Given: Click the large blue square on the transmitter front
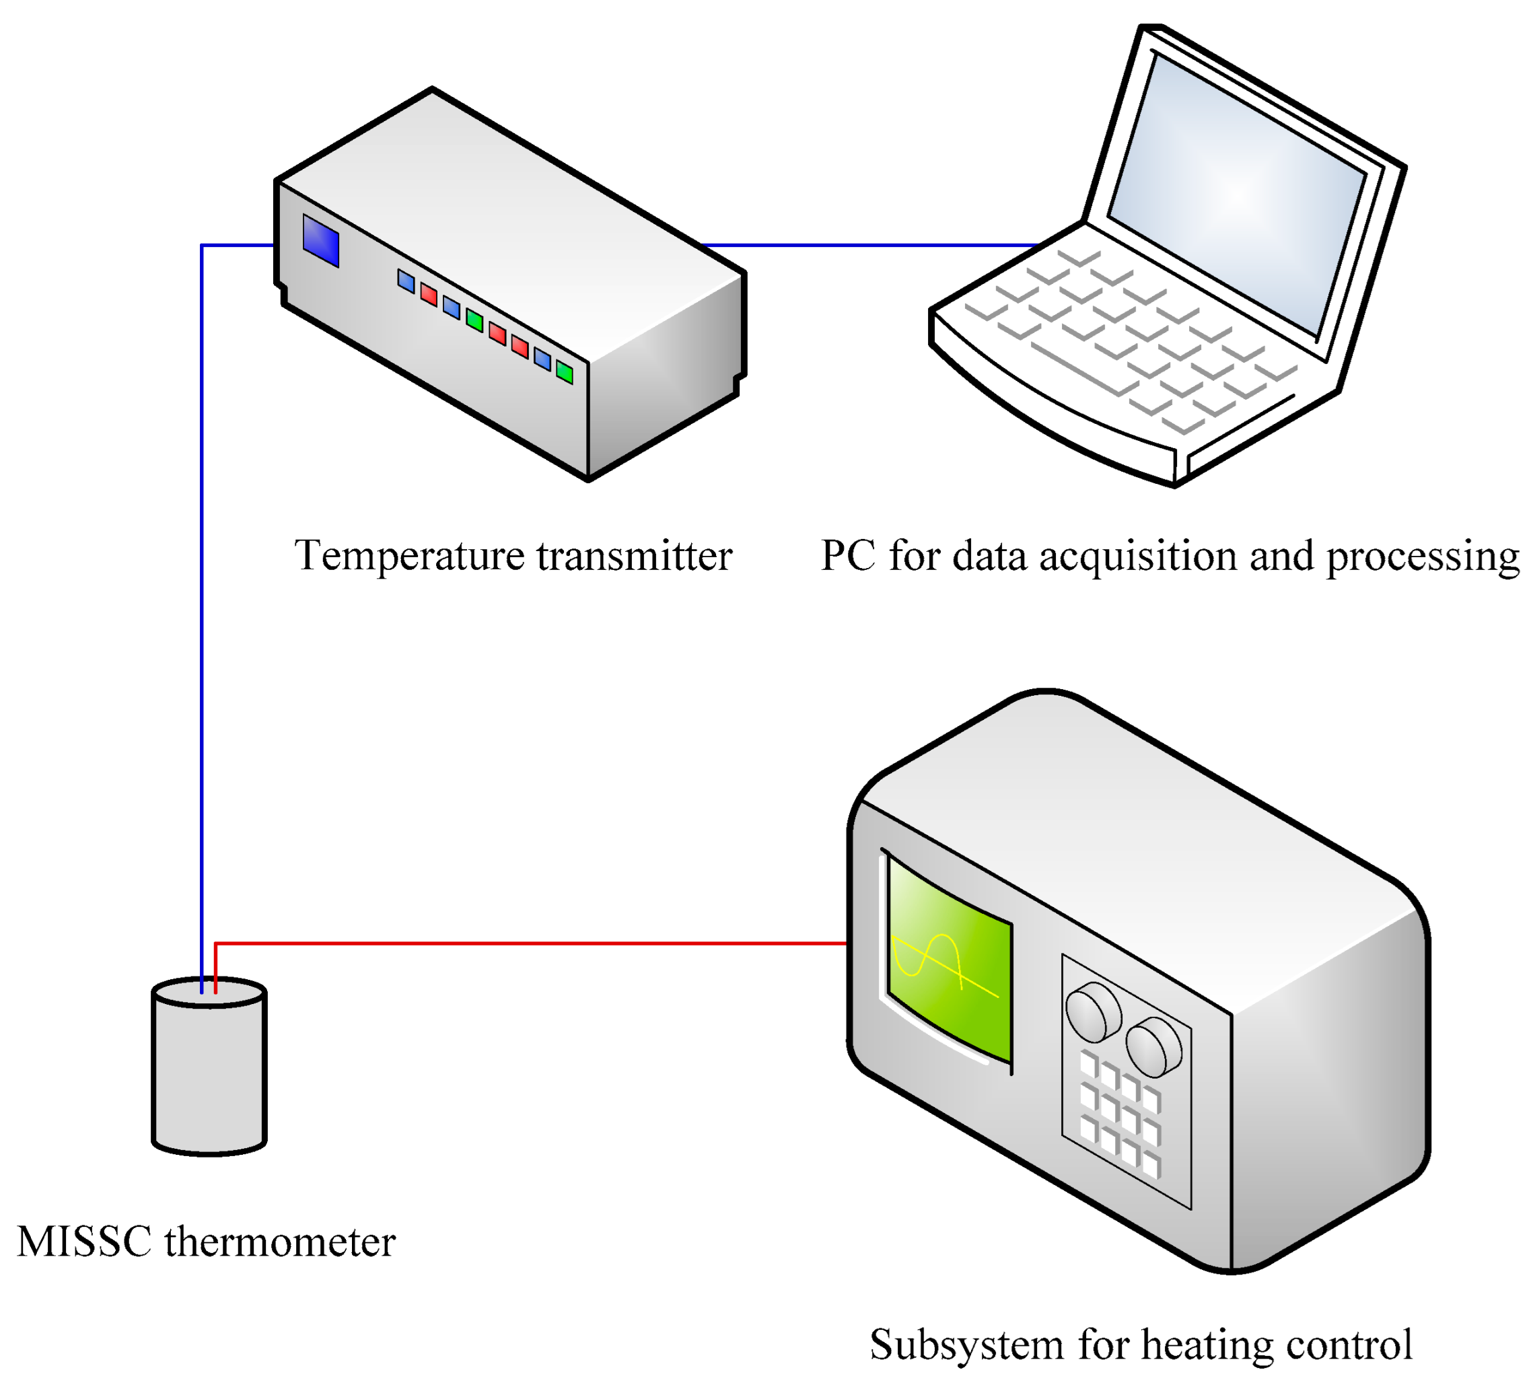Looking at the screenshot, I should click(320, 241).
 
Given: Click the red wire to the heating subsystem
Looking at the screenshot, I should click(533, 944).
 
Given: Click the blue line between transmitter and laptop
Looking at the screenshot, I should click(868, 245).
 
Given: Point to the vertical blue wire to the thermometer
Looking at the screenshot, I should click(202, 609).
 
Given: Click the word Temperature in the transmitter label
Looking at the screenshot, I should click(409, 557).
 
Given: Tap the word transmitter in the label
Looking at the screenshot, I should click(634, 557).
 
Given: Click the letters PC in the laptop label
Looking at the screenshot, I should click(847, 556).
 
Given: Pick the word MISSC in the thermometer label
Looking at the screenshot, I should click(83, 1242).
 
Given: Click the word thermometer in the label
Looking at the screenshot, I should click(279, 1242).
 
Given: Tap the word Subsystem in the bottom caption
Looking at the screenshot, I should click(966, 1345).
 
